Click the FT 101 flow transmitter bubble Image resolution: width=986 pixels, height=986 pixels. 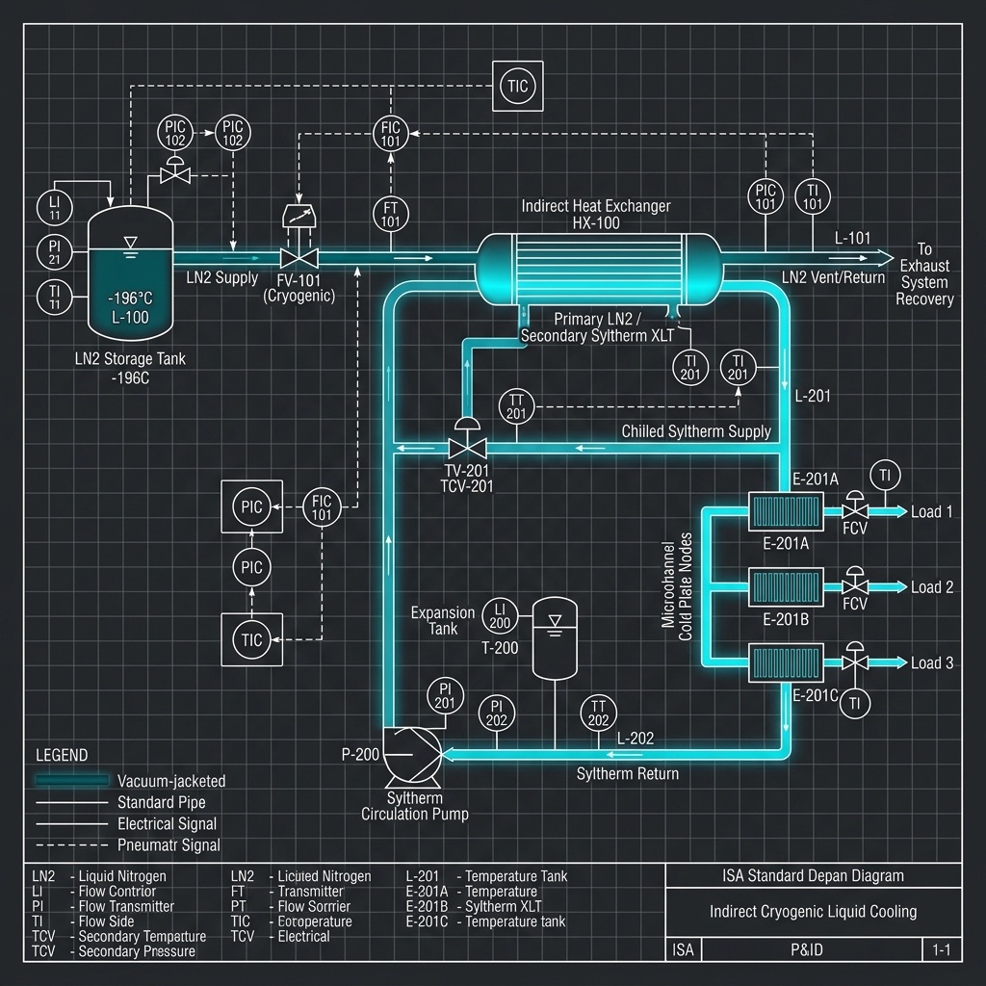pyautogui.click(x=390, y=215)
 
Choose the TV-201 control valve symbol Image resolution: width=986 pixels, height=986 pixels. pyautogui.click(x=468, y=448)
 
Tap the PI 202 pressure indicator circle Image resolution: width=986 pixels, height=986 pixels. pyautogui.click(x=497, y=714)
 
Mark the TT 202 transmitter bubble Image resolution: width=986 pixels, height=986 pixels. pyautogui.click(x=598, y=714)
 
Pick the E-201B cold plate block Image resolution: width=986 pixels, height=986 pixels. pyautogui.click(x=785, y=586)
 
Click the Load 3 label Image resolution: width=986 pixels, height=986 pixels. pyautogui.click(x=932, y=662)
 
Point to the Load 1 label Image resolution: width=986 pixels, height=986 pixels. pyautogui.click(x=932, y=511)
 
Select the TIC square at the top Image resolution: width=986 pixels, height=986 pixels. pyautogui.click(x=516, y=86)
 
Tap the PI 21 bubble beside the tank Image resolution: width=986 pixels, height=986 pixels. pyautogui.click(x=54, y=251)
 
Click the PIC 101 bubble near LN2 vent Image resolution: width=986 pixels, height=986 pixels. pyautogui.click(x=765, y=196)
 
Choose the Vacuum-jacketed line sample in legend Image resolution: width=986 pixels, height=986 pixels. pyautogui.click(x=71, y=780)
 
